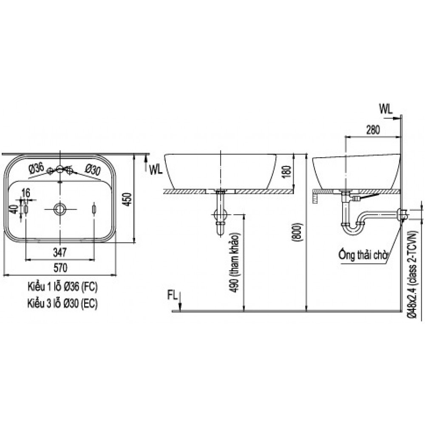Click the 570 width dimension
(60, 268)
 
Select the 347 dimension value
(60, 253)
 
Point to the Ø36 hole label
(36, 168)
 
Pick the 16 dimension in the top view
(25, 193)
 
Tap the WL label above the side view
(385, 109)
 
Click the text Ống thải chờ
(364, 255)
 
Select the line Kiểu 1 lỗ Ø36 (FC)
(62, 287)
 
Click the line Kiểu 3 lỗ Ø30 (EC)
(62, 303)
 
